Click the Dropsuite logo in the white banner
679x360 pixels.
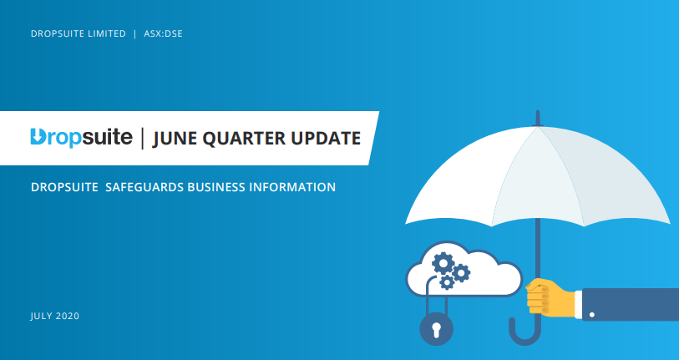point(81,138)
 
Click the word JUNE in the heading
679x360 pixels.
point(177,138)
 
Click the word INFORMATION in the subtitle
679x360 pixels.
point(292,187)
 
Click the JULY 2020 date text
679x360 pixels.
point(55,316)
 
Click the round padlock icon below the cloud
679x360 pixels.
point(435,328)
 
